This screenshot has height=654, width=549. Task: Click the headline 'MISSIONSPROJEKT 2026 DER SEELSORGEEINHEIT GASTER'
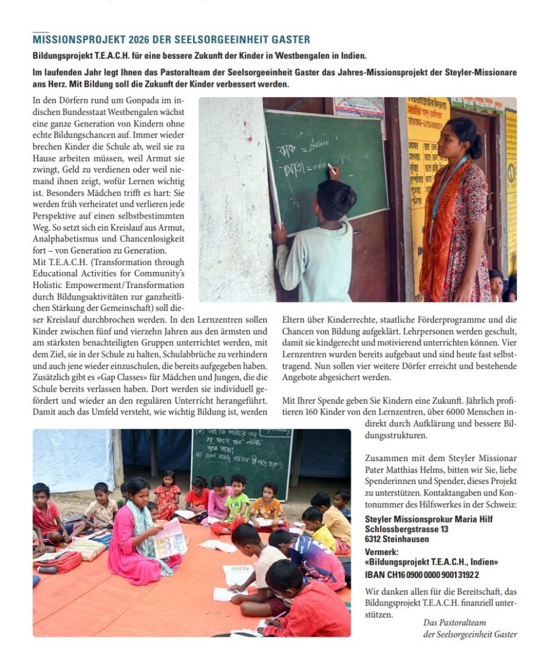click(171, 40)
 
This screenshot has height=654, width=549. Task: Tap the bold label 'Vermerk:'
click(381, 551)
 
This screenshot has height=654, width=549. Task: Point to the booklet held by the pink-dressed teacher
click(169, 538)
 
